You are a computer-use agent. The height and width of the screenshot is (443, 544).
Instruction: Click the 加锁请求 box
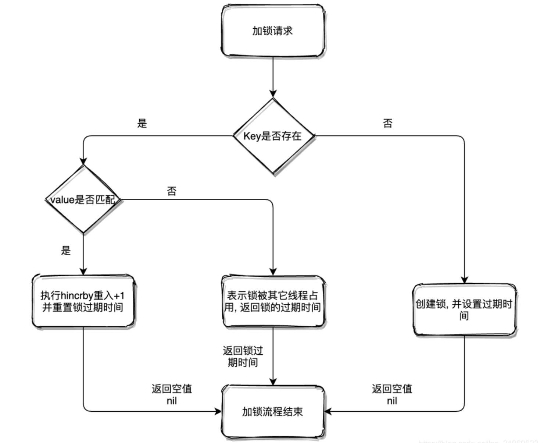[273, 31]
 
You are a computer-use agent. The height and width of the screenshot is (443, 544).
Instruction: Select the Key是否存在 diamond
[273, 136]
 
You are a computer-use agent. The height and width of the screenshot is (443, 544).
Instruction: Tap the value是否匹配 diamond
[83, 199]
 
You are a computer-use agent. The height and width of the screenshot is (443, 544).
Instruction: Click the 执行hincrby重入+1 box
[83, 301]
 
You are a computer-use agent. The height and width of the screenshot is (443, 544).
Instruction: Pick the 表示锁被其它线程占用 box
[273, 301]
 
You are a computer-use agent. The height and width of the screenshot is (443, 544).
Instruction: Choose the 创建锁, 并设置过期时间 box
[464, 309]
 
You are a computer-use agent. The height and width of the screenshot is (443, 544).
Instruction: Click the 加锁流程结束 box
[273, 411]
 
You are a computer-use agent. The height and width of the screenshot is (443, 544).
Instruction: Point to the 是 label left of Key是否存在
[142, 123]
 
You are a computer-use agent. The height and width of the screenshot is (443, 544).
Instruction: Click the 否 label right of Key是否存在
[388, 123]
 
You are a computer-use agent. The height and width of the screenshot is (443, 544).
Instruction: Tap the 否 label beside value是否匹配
[172, 191]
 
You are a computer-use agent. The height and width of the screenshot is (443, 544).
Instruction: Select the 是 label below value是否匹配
[66, 251]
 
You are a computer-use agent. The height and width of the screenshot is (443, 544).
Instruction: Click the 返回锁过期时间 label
[243, 356]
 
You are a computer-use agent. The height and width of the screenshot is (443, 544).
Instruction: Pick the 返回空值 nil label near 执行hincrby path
[172, 394]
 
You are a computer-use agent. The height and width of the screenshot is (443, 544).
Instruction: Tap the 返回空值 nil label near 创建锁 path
[392, 394]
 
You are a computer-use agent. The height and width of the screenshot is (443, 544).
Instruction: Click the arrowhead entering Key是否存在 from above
[273, 93]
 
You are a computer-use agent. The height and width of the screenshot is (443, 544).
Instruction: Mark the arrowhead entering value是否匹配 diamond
[83, 161]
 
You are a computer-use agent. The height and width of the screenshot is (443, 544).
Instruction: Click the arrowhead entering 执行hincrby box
[83, 271]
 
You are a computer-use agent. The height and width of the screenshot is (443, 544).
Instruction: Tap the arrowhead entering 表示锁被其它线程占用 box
[273, 271]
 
